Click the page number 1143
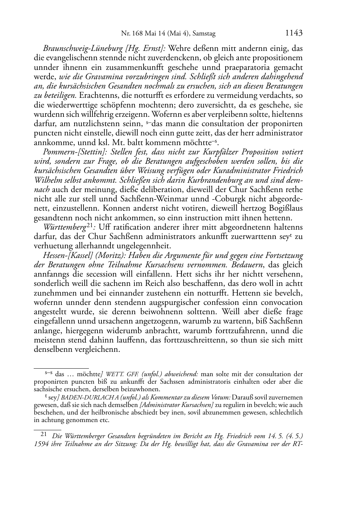[294, 33]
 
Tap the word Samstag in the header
[204, 34]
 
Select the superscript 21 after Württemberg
[91, 225]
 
